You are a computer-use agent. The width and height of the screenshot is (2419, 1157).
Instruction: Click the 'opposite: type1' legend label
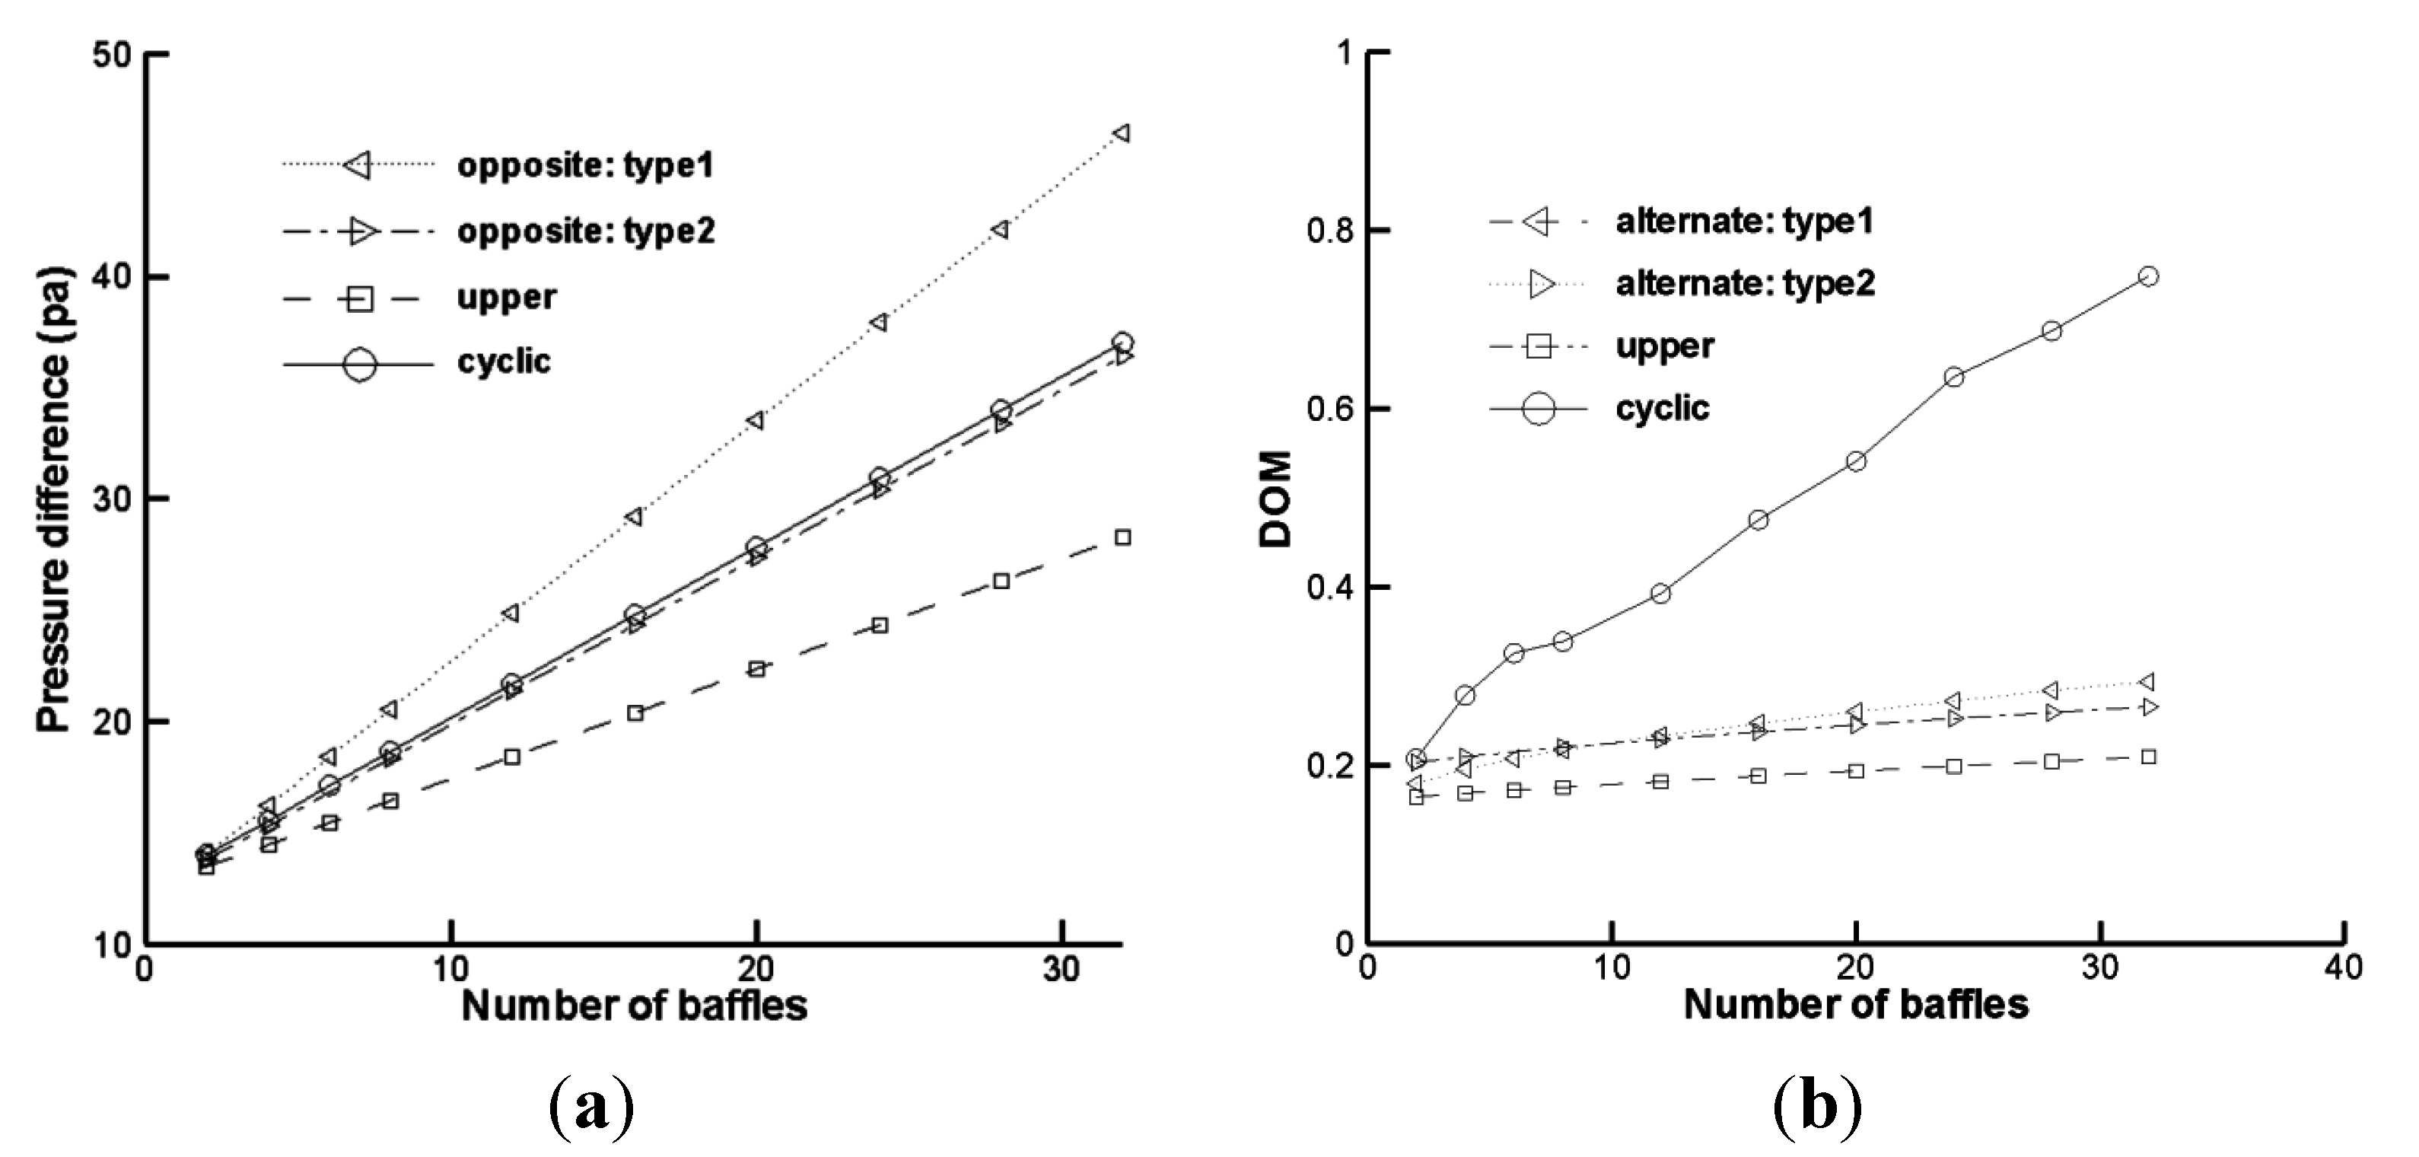pos(585,166)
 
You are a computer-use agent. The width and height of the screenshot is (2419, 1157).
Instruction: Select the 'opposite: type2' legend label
pos(586,231)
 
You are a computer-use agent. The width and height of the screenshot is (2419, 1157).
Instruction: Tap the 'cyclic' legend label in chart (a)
pos(504,362)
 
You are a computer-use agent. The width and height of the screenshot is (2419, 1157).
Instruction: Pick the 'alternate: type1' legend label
pos(1745,222)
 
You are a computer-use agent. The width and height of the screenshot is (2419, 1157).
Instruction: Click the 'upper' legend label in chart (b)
pos(1665,346)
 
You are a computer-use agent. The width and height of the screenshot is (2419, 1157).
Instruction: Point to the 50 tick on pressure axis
pos(112,55)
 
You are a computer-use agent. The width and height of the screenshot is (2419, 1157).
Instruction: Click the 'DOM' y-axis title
pos(1277,499)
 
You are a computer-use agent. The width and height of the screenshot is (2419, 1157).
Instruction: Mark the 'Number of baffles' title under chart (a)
pos(634,1006)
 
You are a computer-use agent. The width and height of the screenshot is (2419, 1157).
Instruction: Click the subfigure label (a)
pos(590,1108)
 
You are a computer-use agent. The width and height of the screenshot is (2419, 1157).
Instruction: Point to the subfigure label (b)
pos(1817,1108)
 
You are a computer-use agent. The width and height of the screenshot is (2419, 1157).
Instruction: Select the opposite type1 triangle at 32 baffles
pos(1121,133)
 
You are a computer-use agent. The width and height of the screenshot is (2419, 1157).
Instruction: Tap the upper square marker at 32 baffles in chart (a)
pos(1122,537)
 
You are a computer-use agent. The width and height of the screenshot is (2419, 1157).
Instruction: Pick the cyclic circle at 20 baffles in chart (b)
pos(1856,461)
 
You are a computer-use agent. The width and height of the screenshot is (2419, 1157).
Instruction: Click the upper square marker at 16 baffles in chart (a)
pos(635,712)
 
